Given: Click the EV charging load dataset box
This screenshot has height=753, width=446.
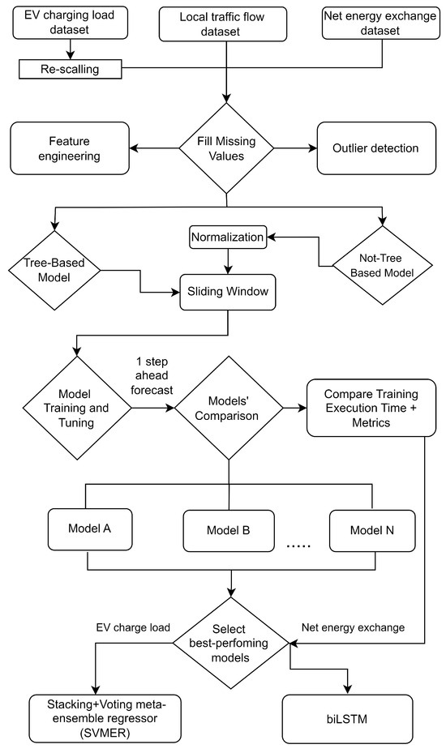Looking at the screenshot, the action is (x=71, y=23).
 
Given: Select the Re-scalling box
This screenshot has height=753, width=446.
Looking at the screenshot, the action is (x=71, y=69).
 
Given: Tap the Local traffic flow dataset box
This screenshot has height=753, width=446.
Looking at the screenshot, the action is (x=223, y=24).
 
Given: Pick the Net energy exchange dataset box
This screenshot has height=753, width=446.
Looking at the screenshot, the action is (x=380, y=23).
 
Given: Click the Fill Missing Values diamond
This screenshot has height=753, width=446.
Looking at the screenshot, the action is (x=226, y=148).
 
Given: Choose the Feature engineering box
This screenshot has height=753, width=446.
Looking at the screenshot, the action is (x=70, y=148).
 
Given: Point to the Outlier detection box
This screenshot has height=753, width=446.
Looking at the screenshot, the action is (x=376, y=148).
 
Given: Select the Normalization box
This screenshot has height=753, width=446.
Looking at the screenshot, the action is (x=228, y=237).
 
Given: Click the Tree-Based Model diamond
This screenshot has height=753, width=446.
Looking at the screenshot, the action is (x=54, y=270).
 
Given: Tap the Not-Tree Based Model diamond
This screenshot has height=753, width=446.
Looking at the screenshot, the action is (x=383, y=265).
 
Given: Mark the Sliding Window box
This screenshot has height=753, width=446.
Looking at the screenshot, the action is (x=228, y=292).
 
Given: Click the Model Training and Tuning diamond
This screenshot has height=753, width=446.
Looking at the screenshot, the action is (x=77, y=409).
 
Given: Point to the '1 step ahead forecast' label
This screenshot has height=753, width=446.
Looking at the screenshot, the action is (x=152, y=375).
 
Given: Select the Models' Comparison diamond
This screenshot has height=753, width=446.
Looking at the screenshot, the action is (x=229, y=409).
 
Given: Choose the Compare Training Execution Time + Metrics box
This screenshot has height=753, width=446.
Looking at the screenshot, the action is (x=371, y=409).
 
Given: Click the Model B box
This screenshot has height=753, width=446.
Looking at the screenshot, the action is (x=229, y=531).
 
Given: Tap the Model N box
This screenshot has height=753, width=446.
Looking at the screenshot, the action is (x=372, y=531).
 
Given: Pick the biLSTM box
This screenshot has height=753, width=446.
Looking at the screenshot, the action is (x=348, y=719).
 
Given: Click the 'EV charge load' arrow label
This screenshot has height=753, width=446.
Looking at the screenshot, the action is (x=133, y=627).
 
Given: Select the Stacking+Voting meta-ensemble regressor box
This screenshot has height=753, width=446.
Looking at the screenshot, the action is (x=105, y=719).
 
